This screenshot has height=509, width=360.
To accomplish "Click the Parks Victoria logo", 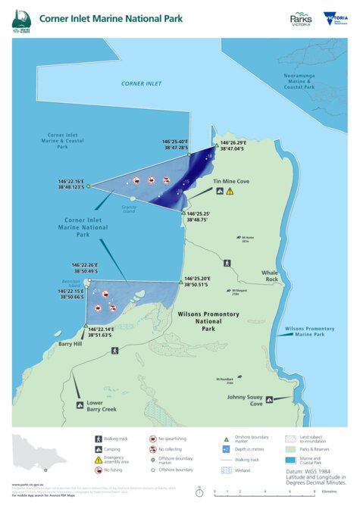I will [x=301, y=18].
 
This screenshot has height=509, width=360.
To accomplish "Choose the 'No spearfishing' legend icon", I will [x=153, y=439].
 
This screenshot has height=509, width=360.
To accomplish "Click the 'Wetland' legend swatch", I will [x=224, y=470].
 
